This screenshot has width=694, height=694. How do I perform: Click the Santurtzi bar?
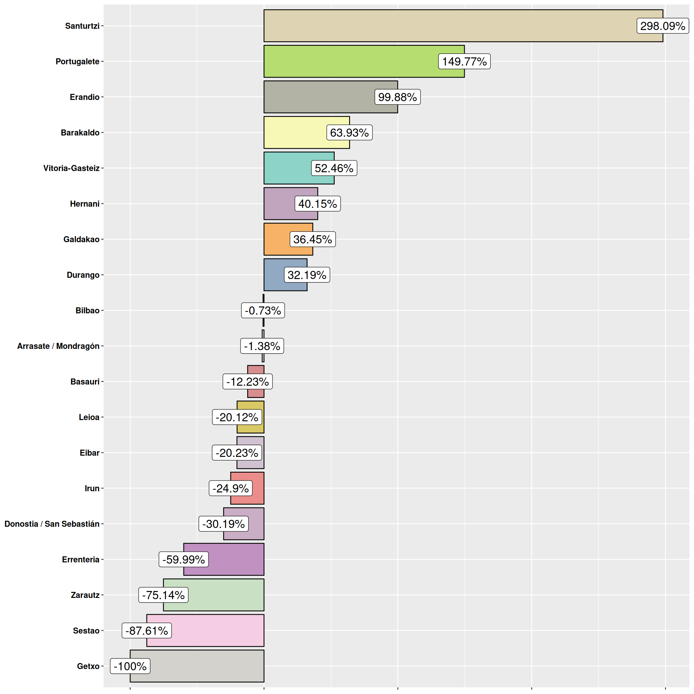pos(449,26)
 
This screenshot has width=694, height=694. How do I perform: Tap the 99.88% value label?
pos(397,97)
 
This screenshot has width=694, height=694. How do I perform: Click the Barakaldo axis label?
pos(80,133)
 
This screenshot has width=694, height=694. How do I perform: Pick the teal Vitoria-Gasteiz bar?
pos(287,168)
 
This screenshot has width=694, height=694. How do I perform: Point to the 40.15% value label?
pos(317,204)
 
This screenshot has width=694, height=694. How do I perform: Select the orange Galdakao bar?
pos(277,239)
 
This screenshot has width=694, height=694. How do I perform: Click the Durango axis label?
pos(83,275)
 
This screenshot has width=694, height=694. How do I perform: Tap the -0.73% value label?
pos(263,310)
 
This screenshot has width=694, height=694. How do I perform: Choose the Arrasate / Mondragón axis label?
pos(58,346)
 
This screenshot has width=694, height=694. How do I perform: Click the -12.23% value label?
pos(248,381)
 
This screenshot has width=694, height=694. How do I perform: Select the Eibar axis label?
pos(89,453)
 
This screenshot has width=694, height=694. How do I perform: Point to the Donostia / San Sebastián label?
pos(52,524)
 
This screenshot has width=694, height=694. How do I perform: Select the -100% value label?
pos(130,666)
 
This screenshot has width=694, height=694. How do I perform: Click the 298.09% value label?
pos(663,26)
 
